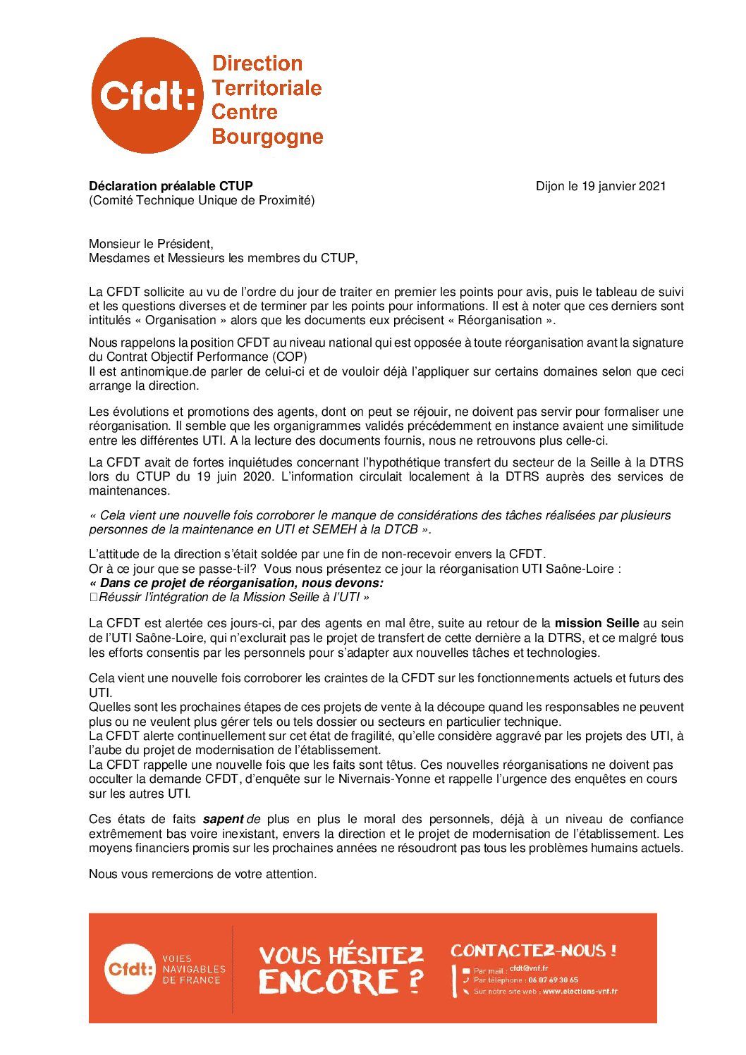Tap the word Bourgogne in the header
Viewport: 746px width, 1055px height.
[x=267, y=136]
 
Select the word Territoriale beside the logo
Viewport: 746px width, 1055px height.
[x=267, y=88]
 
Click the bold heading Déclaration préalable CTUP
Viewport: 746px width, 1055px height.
[x=171, y=186]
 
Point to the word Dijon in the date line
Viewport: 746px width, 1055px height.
[x=550, y=186]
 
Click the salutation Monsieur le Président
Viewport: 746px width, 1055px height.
[x=151, y=245]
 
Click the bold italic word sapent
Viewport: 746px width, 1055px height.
[x=223, y=819]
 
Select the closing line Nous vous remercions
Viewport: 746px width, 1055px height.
[x=202, y=874]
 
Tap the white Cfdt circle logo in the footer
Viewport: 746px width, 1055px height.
[x=130, y=968]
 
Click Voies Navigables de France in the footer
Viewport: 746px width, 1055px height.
[x=194, y=969]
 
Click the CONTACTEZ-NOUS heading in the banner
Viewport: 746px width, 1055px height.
[x=533, y=950]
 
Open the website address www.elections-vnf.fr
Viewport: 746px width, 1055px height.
[x=580, y=992]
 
